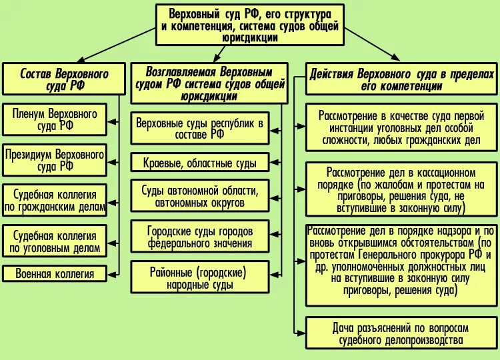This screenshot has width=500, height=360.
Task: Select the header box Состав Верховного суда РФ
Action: click(55, 79)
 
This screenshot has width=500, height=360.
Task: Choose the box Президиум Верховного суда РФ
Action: click(55, 160)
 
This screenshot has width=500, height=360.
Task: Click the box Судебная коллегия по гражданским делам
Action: click(55, 200)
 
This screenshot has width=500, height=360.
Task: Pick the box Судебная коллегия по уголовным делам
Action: click(55, 241)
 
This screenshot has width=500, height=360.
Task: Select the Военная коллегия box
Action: click(55, 273)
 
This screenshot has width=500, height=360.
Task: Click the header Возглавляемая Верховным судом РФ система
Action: click(209, 83)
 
